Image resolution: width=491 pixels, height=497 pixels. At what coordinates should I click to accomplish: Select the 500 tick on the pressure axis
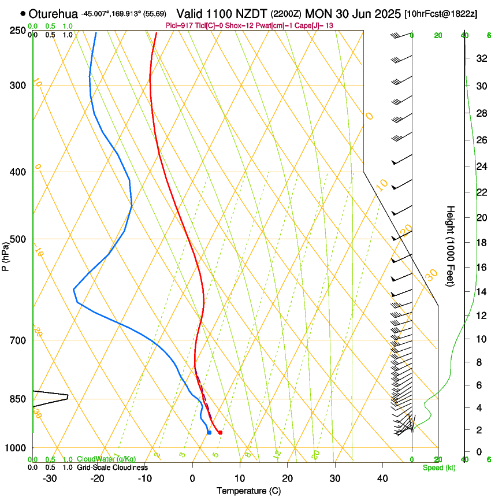coord(17,239)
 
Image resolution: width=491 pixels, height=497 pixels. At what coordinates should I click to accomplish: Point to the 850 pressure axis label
coord(17,399)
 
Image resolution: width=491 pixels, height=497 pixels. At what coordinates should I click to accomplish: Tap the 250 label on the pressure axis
coord(17,30)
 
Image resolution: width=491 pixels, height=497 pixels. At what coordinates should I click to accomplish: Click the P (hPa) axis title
coord(6,254)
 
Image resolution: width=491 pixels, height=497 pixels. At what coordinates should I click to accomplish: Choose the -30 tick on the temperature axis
coord(50,479)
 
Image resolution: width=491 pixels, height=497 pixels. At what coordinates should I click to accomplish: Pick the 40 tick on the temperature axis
coord(382,479)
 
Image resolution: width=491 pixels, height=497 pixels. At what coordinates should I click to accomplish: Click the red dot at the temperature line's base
coord(220,432)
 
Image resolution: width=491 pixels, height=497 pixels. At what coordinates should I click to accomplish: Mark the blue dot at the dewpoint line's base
coord(209,432)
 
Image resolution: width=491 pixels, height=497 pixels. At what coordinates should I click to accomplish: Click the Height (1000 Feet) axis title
coord(451,246)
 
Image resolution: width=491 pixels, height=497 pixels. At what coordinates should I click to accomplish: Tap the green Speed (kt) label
coord(439,468)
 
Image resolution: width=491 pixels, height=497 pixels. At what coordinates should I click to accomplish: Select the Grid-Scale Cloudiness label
coord(112,468)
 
